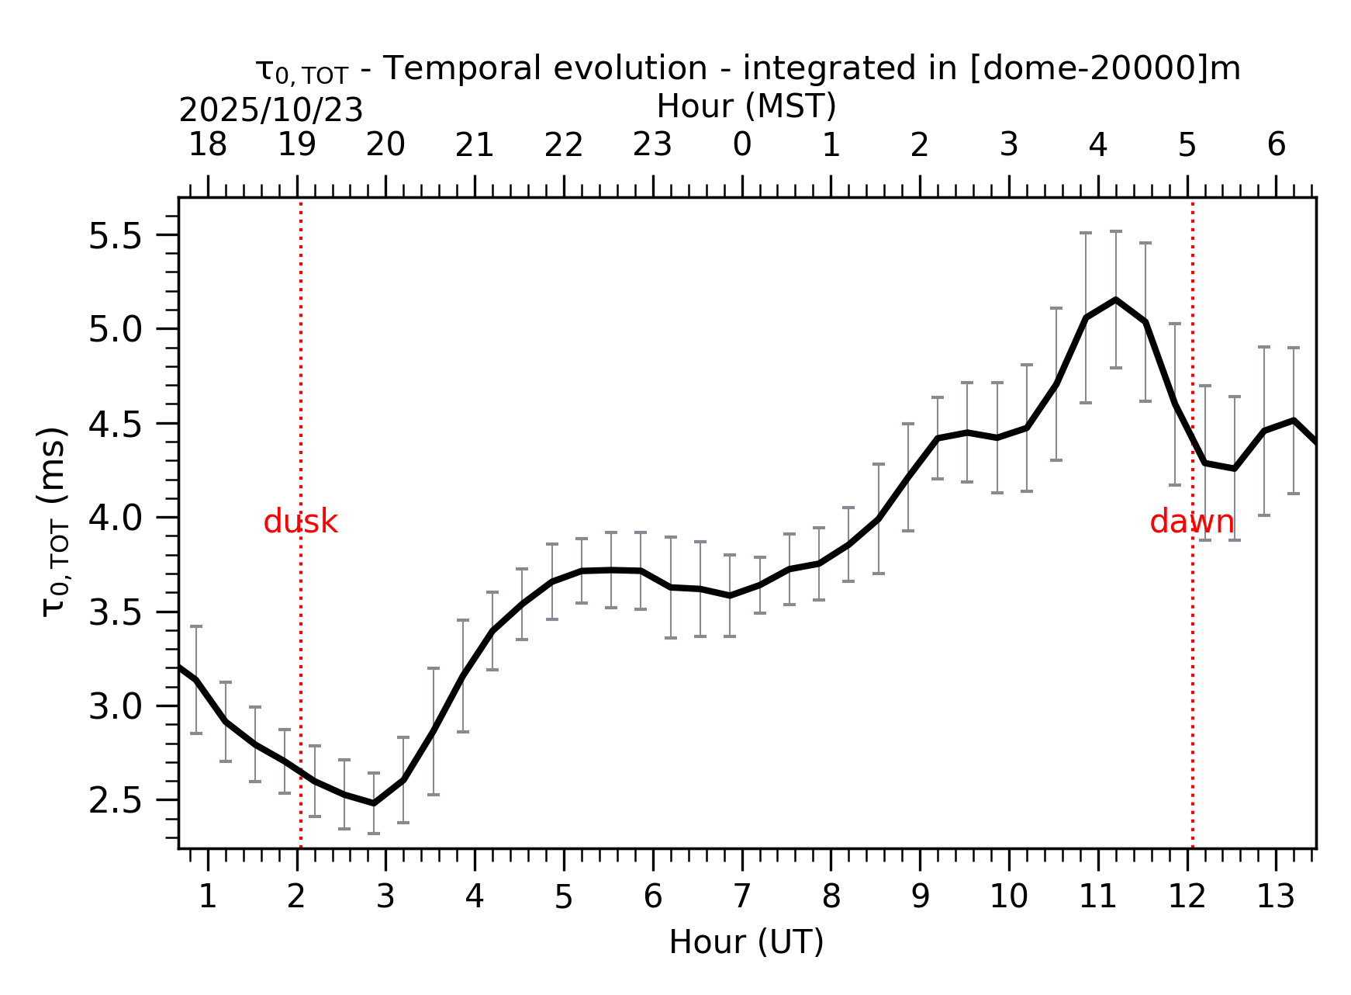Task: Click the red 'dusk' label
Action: pos(300,522)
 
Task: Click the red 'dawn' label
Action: pos(1191,522)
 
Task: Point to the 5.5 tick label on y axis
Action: pos(116,236)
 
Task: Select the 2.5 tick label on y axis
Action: pos(116,801)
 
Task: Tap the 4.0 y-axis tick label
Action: pos(116,518)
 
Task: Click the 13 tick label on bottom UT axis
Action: pos(1275,897)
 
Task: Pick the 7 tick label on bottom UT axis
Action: pos(742,897)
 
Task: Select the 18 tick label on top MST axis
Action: pos(208,144)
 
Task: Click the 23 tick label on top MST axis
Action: pos(652,144)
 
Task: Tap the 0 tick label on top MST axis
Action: pos(742,144)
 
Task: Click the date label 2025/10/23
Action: pos(271,111)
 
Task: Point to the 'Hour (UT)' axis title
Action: pos(746,942)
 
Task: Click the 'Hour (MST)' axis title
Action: pos(746,106)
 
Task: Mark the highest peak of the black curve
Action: pos(1115,300)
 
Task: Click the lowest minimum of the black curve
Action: pos(374,803)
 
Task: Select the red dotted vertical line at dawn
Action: pos(1192,660)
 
